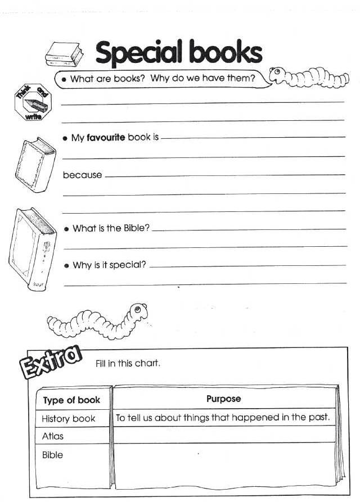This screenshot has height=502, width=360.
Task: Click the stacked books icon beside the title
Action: coord(64,54)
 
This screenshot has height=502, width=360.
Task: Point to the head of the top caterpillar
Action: coord(277,74)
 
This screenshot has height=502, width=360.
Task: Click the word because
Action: coord(82,175)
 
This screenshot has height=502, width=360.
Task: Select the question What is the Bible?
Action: coord(111,229)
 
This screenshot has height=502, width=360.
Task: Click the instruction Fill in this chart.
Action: coord(128,363)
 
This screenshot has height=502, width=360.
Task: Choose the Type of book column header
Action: coord(71,400)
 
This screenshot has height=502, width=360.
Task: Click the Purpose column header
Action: coord(223,399)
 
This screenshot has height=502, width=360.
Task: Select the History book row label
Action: coord(69,418)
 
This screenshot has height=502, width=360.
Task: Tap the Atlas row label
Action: coord(53,436)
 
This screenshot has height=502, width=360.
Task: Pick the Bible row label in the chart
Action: coord(52,455)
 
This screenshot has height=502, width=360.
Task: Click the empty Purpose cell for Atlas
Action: coord(223,435)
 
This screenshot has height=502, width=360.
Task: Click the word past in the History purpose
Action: coord(318,418)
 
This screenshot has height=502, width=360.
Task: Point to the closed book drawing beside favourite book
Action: coord(35,164)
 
